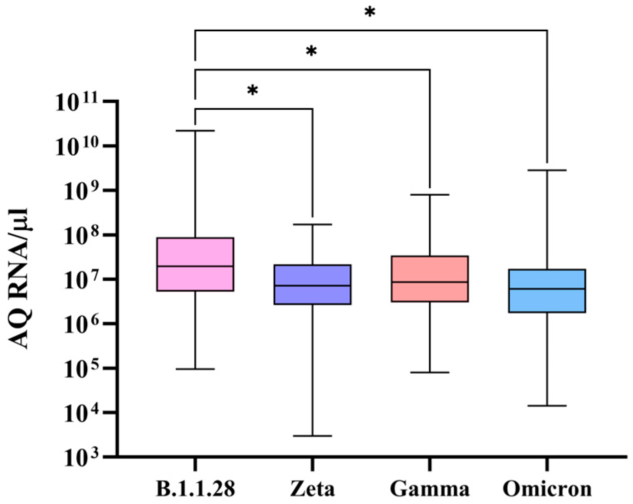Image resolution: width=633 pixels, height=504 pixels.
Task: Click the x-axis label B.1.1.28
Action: pos(195,489)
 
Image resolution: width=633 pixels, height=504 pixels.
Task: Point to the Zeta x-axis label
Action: pos(312,489)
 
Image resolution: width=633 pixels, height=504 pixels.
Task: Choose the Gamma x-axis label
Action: pos(430,489)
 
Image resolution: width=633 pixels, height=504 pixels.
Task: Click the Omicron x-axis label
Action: pos(547,489)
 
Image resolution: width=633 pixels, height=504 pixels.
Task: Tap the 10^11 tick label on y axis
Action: pos(81,103)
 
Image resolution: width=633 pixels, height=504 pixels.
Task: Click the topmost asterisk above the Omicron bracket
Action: pos(370,12)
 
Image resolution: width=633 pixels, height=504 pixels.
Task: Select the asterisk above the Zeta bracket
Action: pos(252,90)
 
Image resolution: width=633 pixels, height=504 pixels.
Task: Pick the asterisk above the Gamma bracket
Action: pos(311,51)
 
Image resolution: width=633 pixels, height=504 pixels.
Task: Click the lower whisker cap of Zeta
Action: pos(312,436)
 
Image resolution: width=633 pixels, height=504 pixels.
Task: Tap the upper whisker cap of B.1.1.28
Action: pos(195,131)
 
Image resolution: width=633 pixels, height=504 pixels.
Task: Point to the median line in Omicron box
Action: pos(547,289)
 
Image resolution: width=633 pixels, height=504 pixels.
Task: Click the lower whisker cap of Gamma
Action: pos(430,372)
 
